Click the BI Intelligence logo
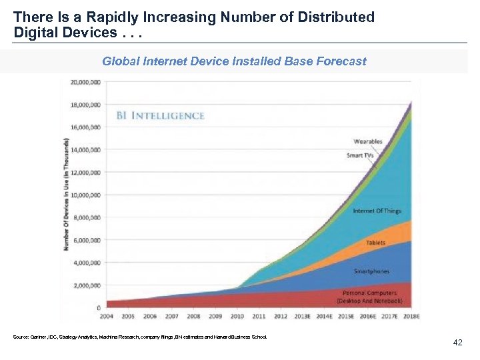pyautogui.click(x=160, y=116)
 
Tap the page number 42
pyautogui.click(x=457, y=342)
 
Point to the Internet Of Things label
pyautogui.click(x=377, y=211)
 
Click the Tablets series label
pyautogui.click(x=375, y=243)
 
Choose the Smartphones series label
pyautogui.click(x=371, y=271)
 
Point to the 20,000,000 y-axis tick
pyautogui.click(x=85, y=82)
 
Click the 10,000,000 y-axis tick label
pyautogui.click(x=85, y=195)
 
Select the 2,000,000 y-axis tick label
pyautogui.click(x=86, y=285)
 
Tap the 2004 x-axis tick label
pyautogui.click(x=106, y=316)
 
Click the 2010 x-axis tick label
pyautogui.click(x=237, y=316)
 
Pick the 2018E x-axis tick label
pyautogui.click(x=411, y=316)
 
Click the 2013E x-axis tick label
pyautogui.click(x=301, y=316)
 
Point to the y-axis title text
pyautogui.click(x=67, y=195)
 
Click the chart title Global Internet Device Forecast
pyautogui.click(x=234, y=61)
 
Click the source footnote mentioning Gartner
pyautogui.click(x=139, y=337)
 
